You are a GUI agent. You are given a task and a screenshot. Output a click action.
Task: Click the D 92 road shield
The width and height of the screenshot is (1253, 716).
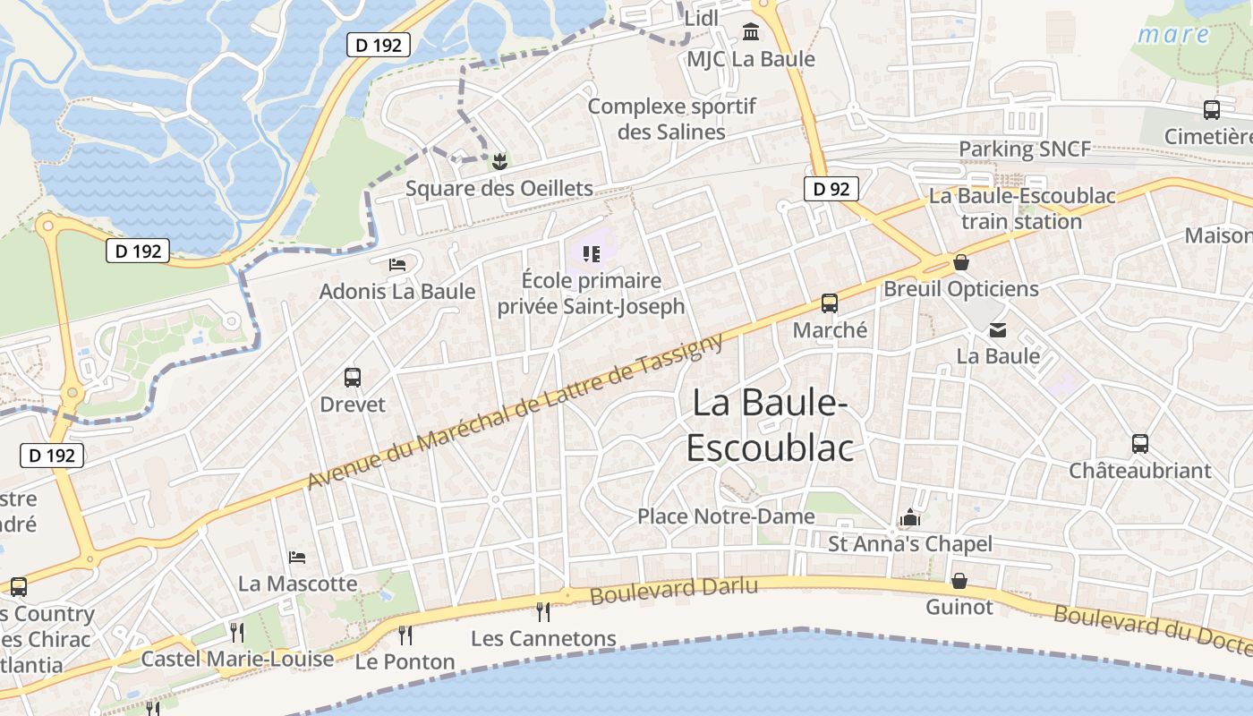point(831,189)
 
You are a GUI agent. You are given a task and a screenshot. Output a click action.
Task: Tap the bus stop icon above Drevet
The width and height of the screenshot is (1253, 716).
point(353,378)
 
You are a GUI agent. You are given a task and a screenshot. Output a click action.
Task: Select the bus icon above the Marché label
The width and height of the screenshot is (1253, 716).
point(830,303)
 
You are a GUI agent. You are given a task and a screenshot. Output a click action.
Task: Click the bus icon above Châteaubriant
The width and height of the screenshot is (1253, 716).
point(1140,444)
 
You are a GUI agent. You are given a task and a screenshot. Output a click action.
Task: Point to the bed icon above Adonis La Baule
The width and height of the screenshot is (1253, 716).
point(397,265)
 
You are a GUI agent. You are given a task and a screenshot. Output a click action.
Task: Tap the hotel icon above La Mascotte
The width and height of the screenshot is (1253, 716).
point(297,558)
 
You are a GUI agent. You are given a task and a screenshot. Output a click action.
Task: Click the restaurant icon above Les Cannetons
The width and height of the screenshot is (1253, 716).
point(543,612)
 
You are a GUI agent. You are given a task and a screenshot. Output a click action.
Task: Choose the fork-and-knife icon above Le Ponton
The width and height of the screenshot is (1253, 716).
point(405,635)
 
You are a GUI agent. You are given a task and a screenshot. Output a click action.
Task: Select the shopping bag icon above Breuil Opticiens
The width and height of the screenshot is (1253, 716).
point(960,262)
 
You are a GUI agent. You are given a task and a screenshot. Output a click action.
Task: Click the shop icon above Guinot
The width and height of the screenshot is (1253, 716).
point(959,581)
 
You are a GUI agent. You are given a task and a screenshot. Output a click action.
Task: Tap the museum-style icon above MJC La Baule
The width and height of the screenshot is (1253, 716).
point(751,33)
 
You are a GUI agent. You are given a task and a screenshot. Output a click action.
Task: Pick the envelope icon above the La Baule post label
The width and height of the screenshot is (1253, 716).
point(998,330)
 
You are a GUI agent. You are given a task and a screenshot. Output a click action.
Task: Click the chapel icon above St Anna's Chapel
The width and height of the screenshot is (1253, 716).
point(910,517)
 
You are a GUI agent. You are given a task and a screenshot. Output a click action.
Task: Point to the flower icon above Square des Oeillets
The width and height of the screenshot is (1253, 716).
point(499,162)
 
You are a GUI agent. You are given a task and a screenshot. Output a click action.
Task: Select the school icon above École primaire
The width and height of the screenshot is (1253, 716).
point(591,254)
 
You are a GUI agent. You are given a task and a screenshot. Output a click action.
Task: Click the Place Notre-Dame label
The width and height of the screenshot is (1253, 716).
point(726,516)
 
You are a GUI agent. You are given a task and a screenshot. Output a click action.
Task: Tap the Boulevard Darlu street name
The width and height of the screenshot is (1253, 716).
point(674,590)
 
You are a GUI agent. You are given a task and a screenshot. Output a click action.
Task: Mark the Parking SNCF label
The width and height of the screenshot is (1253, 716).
point(1025,149)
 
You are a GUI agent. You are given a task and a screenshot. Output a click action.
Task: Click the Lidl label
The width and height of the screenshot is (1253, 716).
point(702,19)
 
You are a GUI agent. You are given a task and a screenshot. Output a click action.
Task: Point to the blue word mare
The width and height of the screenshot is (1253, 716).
point(1173,35)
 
